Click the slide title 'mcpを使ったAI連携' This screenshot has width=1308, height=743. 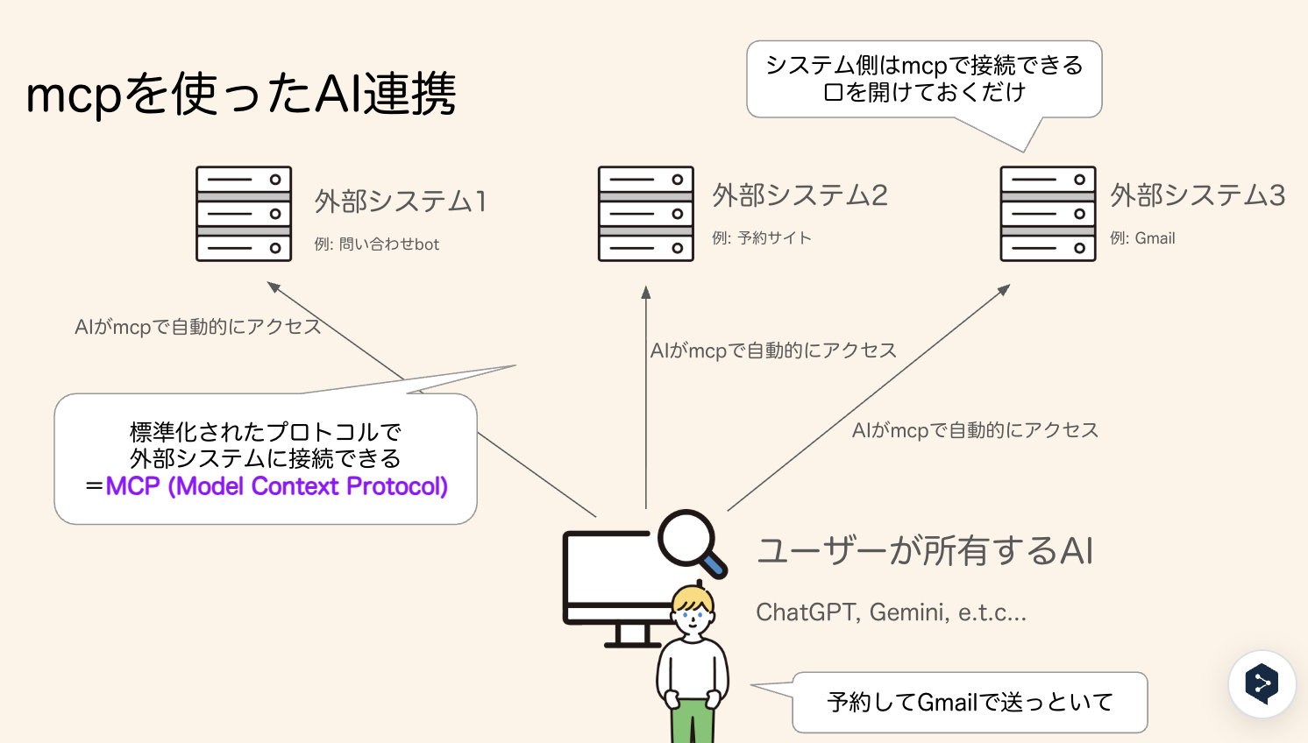tap(241, 94)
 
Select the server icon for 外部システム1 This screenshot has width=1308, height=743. tap(244, 214)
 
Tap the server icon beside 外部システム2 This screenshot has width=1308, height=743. tap(646, 214)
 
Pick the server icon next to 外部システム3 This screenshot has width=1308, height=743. tap(1048, 214)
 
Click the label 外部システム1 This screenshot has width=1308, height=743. tap(400, 202)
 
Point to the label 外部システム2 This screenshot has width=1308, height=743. tap(800, 195)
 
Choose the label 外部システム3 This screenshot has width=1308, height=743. tap(1198, 195)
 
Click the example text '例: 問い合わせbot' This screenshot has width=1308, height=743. tap(377, 244)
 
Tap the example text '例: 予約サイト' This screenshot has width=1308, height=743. tap(762, 238)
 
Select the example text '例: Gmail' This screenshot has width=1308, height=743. tap(1142, 238)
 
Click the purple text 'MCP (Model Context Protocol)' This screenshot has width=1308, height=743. tap(277, 486)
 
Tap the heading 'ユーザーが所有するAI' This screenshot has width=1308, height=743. tap(925, 551)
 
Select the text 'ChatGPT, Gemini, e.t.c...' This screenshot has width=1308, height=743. tap(891, 612)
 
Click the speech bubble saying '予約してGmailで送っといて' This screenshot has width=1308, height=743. tap(970, 702)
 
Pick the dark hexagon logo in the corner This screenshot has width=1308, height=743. tap(1262, 684)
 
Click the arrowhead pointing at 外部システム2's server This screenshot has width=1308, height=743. tap(646, 292)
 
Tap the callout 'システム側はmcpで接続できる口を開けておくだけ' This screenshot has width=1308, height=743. tap(924, 79)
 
